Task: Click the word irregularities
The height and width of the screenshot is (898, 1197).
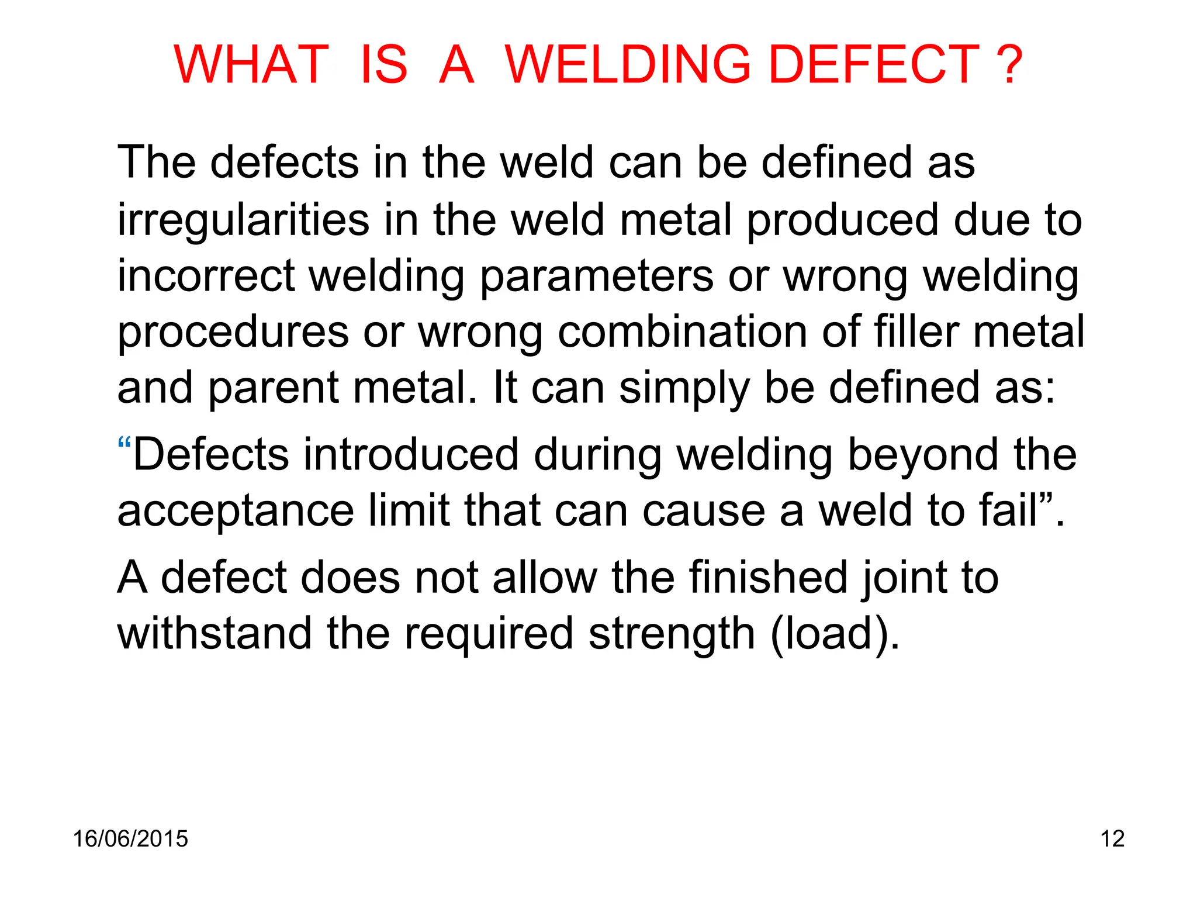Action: point(243,220)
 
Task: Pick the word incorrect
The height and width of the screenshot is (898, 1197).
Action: point(206,276)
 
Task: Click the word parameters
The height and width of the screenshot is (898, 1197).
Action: point(596,276)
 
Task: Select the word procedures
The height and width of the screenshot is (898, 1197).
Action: point(233,332)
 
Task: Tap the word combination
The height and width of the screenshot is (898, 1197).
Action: point(682,332)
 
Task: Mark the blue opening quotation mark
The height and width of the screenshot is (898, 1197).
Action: point(123,443)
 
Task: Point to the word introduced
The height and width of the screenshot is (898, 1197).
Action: point(410,455)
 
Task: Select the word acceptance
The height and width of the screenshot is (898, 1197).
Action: point(236,510)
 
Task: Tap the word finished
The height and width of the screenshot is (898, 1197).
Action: point(767,578)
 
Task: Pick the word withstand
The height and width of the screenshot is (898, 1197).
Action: point(215,634)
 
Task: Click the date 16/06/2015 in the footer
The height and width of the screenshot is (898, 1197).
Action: point(130,839)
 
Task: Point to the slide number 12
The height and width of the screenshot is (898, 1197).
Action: point(1112,839)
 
